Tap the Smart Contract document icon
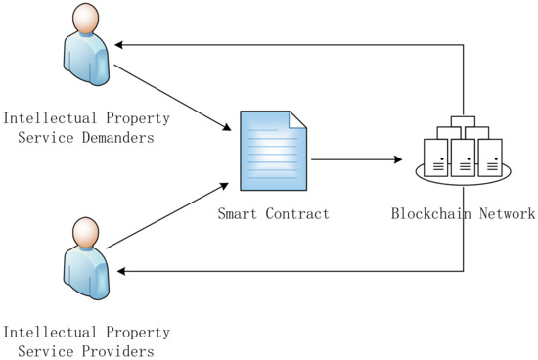click(274, 153)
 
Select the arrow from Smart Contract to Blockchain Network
click(357, 159)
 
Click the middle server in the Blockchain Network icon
click(463, 156)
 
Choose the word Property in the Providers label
click(136, 333)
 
